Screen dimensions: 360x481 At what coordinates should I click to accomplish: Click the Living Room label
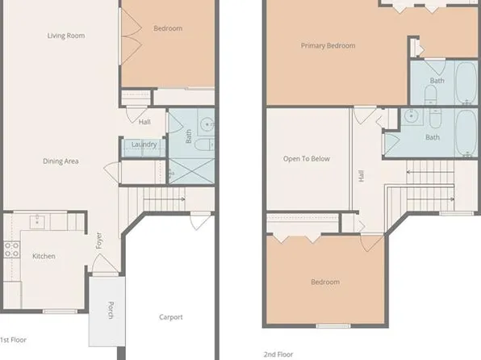65,36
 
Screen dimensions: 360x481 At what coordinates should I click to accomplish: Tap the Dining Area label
61,161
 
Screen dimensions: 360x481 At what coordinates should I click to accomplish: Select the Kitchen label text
44,256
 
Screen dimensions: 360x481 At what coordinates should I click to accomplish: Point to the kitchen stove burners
12,249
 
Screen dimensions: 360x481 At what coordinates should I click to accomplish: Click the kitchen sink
37,220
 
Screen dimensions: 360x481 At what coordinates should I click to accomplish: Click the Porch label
111,310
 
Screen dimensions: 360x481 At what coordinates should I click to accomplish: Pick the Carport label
170,317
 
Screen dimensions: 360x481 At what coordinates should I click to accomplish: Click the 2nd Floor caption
279,354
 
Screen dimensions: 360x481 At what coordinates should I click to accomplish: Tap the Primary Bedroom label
328,46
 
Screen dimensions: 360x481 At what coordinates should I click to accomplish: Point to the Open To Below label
307,159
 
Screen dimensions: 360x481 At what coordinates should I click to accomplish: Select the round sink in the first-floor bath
207,124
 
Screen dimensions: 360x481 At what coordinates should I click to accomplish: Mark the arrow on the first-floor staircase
182,198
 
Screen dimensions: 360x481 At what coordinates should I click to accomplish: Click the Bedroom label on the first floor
168,29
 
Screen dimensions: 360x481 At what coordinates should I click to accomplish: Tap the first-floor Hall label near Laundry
144,123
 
